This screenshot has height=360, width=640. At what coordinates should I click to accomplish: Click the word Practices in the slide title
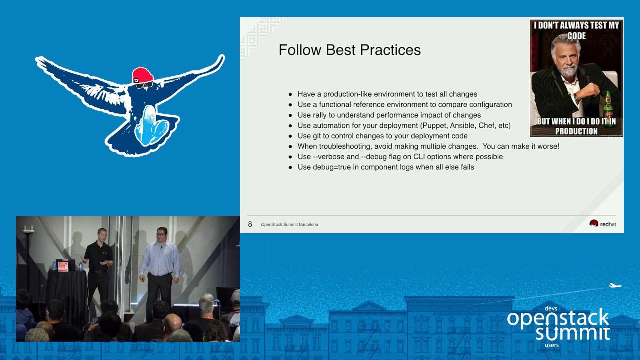(390, 50)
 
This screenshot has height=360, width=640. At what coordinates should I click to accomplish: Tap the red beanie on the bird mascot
(143, 75)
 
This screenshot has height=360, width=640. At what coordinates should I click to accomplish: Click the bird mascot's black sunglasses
(144, 84)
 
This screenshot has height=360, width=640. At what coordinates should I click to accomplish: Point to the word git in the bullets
(321, 136)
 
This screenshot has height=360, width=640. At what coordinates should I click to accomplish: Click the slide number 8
(250, 224)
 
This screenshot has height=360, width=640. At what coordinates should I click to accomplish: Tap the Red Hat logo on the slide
(603, 224)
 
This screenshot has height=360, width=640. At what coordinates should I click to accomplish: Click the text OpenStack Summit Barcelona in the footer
(289, 225)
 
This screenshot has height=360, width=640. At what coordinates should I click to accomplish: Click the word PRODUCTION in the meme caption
(576, 131)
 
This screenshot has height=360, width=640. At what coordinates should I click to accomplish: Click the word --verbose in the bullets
(328, 157)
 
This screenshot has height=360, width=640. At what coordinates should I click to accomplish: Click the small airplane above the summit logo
(615, 285)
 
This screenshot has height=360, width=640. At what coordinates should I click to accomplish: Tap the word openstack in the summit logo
(558, 318)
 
